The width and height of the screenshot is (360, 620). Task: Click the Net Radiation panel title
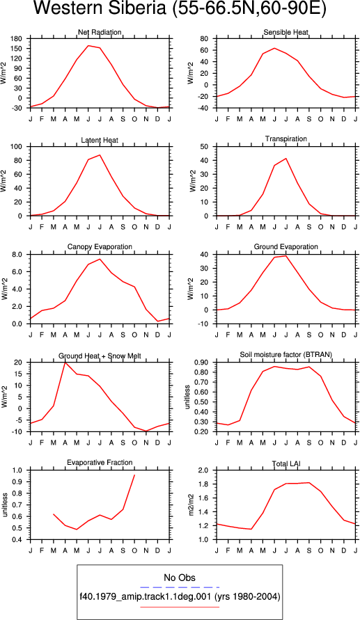[x=100, y=32]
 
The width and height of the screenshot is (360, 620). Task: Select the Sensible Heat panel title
[x=285, y=32]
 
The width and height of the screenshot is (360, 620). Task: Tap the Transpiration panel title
[x=286, y=138]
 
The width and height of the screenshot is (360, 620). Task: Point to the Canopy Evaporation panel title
[x=100, y=247]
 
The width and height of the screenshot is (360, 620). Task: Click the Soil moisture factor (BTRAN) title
[x=285, y=354]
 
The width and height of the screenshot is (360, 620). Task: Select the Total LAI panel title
[x=285, y=463]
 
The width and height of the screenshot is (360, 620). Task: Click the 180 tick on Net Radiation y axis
[x=22, y=39]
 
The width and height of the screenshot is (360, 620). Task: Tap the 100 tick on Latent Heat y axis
[x=22, y=147]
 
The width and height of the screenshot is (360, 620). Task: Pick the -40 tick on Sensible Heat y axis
[x=208, y=108]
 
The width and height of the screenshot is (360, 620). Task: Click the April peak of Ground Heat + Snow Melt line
[x=65, y=363]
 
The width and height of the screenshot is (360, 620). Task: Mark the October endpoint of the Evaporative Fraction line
[x=134, y=475]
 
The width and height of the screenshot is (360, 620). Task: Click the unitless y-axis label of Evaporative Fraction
[x=5, y=504]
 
